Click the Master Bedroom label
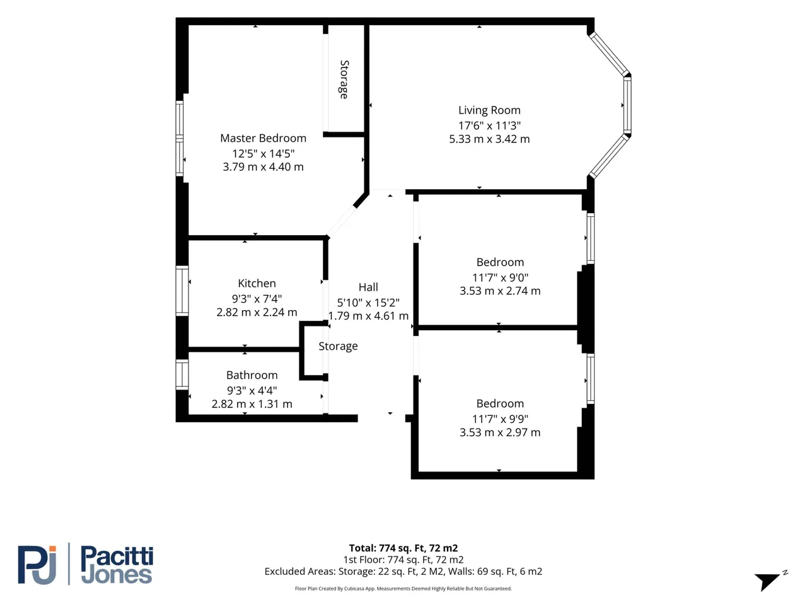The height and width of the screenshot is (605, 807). click(263, 138)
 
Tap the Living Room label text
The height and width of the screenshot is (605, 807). click(489, 110)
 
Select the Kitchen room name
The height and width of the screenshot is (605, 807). click(257, 283)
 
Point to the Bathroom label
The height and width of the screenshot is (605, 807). click(252, 375)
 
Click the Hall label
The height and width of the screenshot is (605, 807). click(368, 287)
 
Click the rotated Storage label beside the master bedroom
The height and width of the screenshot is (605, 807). click(344, 79)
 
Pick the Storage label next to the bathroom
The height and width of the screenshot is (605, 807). click(338, 347)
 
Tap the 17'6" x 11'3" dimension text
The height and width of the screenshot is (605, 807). click(489, 125)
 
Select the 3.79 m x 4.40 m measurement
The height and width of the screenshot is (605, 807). click(263, 167)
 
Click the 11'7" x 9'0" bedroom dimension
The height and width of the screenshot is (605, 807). click(499, 278)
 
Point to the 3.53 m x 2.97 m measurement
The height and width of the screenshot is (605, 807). click(499, 432)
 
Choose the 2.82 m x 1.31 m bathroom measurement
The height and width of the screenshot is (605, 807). click(252, 404)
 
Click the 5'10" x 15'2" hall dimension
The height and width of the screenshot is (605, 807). click(368, 302)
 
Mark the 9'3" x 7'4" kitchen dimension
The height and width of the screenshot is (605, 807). click(257, 299)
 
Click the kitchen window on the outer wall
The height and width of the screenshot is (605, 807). click(182, 291)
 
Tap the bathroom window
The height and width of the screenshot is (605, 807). click(182, 374)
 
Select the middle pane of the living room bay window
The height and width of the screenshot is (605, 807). click(627, 105)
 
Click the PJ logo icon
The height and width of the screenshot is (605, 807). click(37, 565)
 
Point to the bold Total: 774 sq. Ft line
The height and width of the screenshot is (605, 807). click(403, 548)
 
